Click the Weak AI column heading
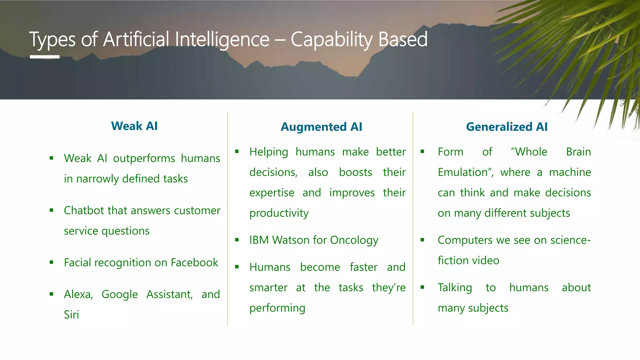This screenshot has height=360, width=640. pyautogui.click(x=134, y=126)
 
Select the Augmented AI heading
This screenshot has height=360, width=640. pyautogui.click(x=321, y=127)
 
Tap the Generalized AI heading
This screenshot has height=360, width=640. pyautogui.click(x=507, y=127)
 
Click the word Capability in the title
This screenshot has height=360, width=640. pyautogui.click(x=332, y=40)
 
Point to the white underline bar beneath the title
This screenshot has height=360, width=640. pyautogui.click(x=45, y=57)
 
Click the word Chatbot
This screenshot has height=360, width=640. pyautogui.click(x=84, y=210)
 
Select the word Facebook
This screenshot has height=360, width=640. pyautogui.click(x=194, y=262)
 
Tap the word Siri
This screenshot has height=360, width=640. pyautogui.click(x=71, y=314)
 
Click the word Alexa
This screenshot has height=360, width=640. pyautogui.click(x=78, y=294)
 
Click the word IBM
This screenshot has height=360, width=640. pyautogui.click(x=259, y=240)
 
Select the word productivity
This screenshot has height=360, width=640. pyautogui.click(x=279, y=213)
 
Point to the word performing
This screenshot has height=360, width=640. pyautogui.click(x=277, y=308)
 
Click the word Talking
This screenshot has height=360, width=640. pyautogui.click(x=455, y=287)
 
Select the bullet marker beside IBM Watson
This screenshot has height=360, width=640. pyautogui.click(x=237, y=240)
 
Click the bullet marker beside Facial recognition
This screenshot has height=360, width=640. pyautogui.click(x=52, y=262)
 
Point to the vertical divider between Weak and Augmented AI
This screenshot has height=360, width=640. pyautogui.click(x=227, y=219)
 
